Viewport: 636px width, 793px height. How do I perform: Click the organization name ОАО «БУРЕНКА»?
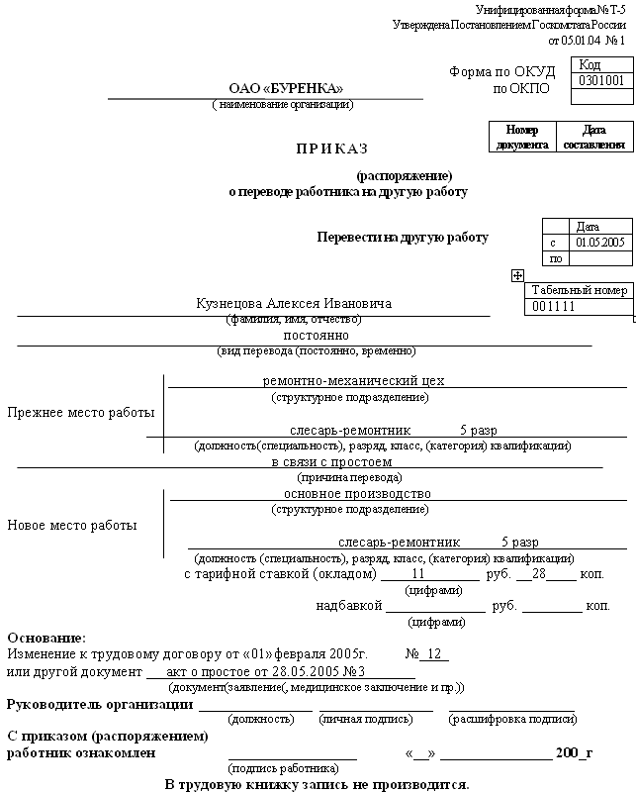[x=285, y=88]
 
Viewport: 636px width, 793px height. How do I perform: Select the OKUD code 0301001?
[x=601, y=81]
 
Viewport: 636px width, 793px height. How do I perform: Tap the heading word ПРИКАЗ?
[x=331, y=149]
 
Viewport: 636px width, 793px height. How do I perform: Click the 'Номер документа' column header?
[x=523, y=137]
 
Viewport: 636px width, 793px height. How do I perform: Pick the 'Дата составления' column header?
[x=593, y=137]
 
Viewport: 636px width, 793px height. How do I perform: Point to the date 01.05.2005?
[x=601, y=243]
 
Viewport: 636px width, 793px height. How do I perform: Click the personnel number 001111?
[x=554, y=307]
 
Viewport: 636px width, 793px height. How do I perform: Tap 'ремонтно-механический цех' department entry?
[x=353, y=380]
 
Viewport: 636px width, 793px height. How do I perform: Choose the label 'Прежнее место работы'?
[x=81, y=412]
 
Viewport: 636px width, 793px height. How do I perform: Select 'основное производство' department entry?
[x=357, y=493]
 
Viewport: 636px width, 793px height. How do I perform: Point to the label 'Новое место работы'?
[x=72, y=525]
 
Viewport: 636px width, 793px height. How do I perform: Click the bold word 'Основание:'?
[x=46, y=638]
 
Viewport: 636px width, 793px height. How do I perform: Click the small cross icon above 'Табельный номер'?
[x=517, y=275]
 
